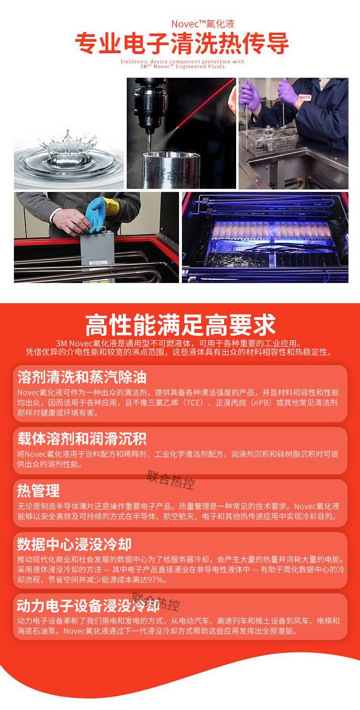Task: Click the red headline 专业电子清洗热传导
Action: [x=182, y=44]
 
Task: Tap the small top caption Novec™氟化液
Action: [x=203, y=24]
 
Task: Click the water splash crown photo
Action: [x=69, y=154]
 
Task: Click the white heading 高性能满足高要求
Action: [x=180, y=325]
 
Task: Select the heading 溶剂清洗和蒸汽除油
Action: [x=82, y=377]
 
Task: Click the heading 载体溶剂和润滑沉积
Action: [x=82, y=438]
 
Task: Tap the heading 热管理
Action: [x=38, y=491]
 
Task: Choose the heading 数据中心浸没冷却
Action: [x=74, y=544]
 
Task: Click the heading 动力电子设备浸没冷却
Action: [x=88, y=606]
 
